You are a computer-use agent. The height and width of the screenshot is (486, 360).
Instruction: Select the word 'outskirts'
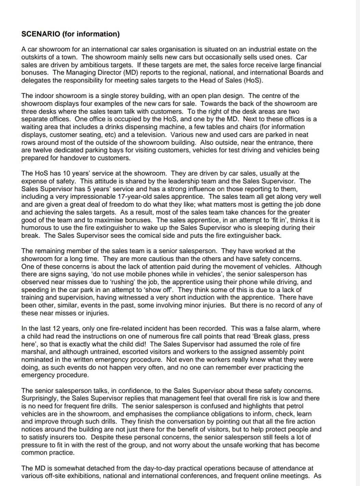coord(34,57)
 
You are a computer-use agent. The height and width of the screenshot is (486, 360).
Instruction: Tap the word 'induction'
coord(216,297)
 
